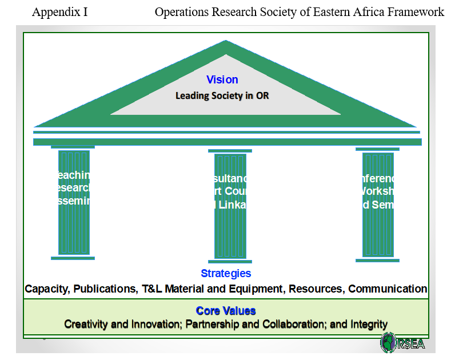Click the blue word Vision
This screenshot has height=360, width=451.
click(222, 80)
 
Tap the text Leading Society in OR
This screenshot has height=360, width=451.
click(222, 95)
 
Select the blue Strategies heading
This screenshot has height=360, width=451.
click(226, 274)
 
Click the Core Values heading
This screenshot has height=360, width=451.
click(226, 311)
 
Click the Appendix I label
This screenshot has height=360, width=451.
click(60, 12)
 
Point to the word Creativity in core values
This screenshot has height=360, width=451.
click(85, 325)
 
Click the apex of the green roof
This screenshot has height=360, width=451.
click(226, 42)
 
